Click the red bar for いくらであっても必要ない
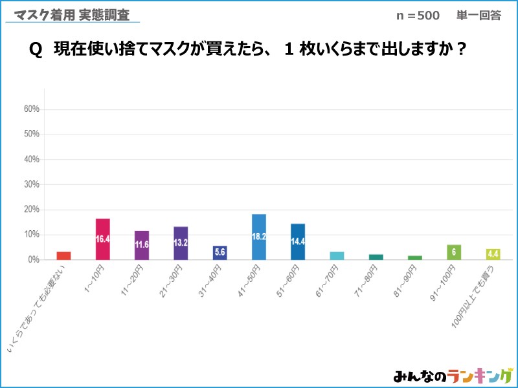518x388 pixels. click(x=63, y=255)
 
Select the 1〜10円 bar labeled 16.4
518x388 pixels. click(x=102, y=239)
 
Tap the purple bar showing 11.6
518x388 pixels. click(x=142, y=245)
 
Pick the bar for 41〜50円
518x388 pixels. click(x=259, y=237)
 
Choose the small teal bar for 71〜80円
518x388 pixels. click(x=376, y=257)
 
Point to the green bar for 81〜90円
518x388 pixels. click(x=415, y=257)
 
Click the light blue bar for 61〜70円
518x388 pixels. click(x=337, y=255)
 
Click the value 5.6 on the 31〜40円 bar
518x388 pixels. click(x=220, y=252)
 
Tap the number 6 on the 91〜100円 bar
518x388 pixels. click(x=454, y=250)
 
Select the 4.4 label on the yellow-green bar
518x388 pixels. click(x=493, y=253)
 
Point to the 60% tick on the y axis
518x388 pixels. click(x=32, y=109)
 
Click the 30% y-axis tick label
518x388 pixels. click(x=32, y=184)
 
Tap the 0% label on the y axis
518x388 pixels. click(x=34, y=260)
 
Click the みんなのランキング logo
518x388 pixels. click(x=453, y=376)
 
